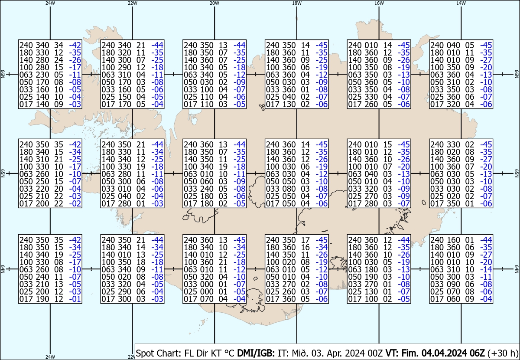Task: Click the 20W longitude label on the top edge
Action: click(x=214, y=3)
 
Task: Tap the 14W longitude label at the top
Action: click(x=461, y=3)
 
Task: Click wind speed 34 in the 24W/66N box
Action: click(x=58, y=45)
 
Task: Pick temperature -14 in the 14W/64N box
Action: click(x=487, y=269)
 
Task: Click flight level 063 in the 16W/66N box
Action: click(x=354, y=75)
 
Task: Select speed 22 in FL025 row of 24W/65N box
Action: click(x=58, y=196)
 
